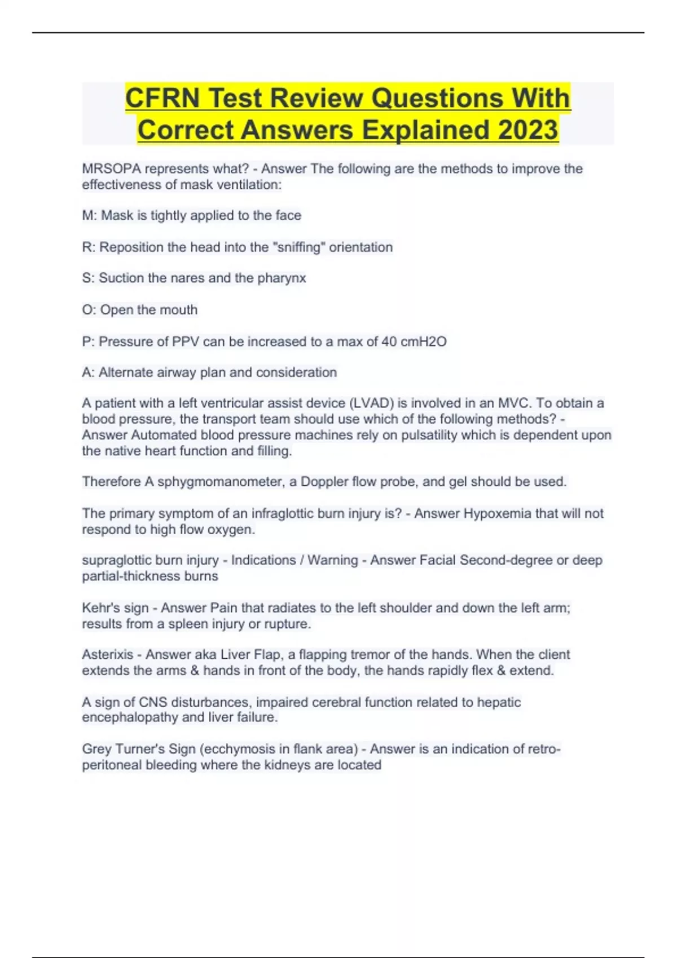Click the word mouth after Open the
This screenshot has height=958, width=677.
(x=179, y=310)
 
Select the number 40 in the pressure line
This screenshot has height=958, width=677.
(x=389, y=341)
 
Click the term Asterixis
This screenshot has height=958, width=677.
(x=108, y=655)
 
